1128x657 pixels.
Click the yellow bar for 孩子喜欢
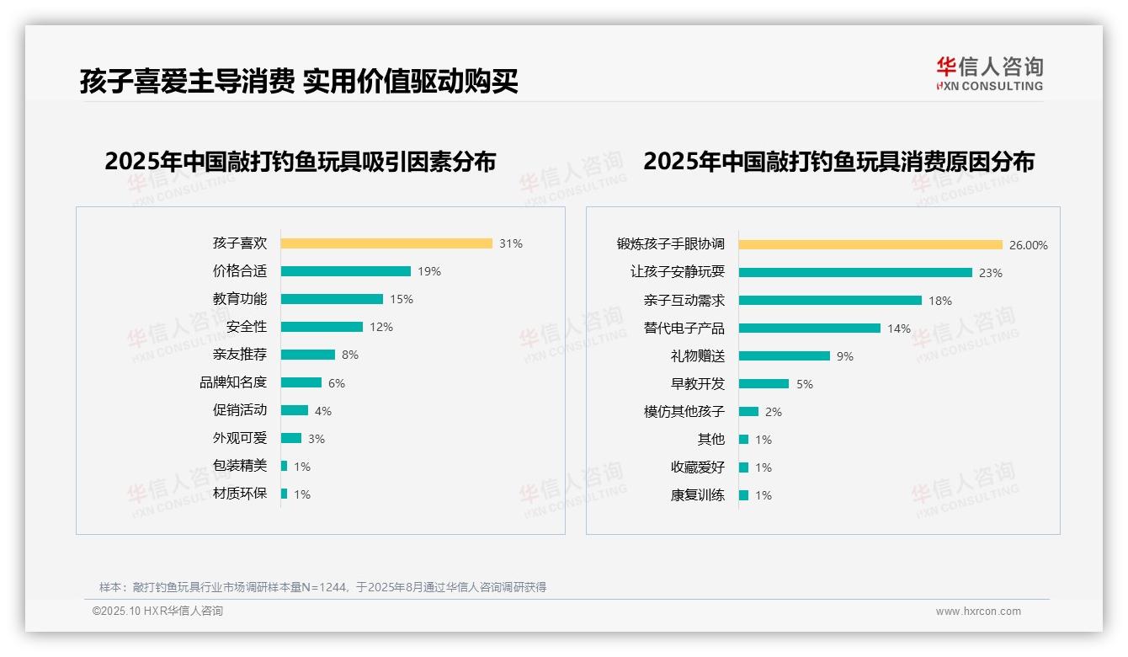tap(386, 243)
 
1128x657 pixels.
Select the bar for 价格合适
tap(346, 271)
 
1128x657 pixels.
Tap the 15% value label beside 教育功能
tap(402, 299)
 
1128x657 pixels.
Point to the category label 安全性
tap(247, 327)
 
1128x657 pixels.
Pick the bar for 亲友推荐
tap(308, 355)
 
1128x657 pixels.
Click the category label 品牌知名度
tap(233, 382)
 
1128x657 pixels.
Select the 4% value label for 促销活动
tap(323, 411)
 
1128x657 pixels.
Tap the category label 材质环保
tap(240, 494)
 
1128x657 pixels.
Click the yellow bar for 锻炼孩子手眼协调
tap(871, 245)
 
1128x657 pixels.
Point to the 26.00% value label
tap(1029, 245)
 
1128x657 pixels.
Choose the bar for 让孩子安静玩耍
tap(856, 273)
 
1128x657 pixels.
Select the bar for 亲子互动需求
tap(831, 301)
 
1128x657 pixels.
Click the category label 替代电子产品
tap(684, 328)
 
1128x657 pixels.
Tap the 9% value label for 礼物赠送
tap(845, 356)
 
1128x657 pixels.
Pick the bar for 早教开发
tap(764, 384)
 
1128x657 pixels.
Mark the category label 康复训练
tap(698, 495)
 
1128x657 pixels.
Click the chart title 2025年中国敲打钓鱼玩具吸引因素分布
tap(301, 162)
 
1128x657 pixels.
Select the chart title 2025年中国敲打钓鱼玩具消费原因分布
tap(838, 162)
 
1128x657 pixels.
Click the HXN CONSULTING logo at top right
tap(990, 74)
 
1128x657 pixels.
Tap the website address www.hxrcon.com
tap(978, 612)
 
